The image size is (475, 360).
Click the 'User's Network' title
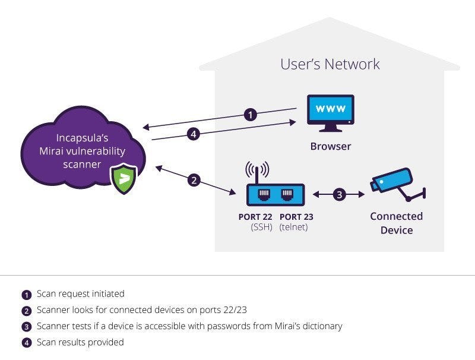click(x=330, y=64)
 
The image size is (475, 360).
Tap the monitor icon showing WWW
click(x=330, y=111)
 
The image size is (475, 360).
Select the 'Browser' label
click(x=330, y=146)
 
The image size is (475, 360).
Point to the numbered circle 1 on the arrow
click(x=251, y=115)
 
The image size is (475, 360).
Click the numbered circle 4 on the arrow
click(x=192, y=134)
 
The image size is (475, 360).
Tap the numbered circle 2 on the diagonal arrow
click(x=194, y=180)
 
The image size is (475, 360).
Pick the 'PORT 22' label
click(x=255, y=217)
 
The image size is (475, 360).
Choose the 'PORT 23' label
click(x=296, y=217)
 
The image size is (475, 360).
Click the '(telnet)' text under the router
click(x=294, y=228)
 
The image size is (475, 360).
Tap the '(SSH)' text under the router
click(x=261, y=228)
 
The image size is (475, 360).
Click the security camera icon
click(x=397, y=184)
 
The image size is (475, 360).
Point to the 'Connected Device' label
click(x=396, y=223)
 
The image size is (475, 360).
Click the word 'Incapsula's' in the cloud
click(x=82, y=138)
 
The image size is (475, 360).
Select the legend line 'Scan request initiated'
click(x=80, y=293)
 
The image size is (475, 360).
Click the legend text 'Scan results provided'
click(x=80, y=342)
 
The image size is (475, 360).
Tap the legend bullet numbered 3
click(x=26, y=326)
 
